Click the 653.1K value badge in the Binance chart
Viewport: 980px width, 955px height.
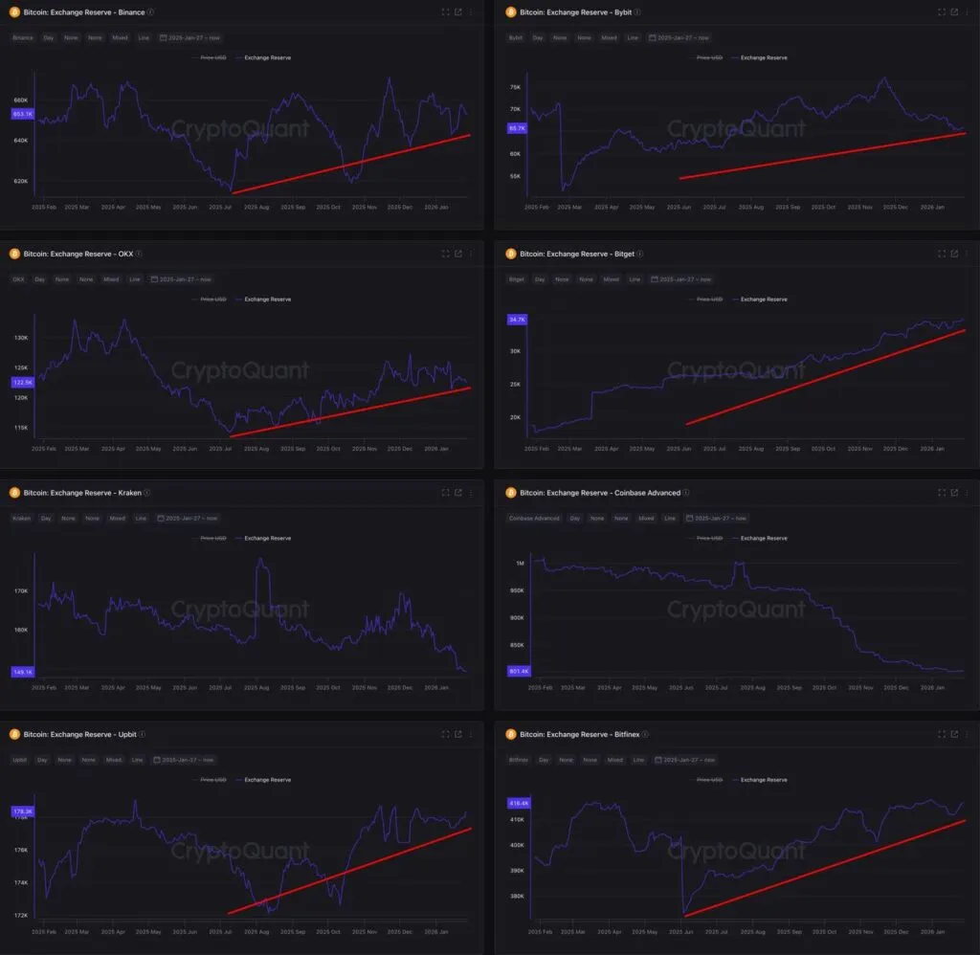[22, 114]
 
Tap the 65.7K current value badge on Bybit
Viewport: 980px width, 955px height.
[517, 128]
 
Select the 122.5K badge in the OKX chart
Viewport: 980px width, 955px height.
[22, 382]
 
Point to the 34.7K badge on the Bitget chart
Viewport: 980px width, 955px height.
[517, 319]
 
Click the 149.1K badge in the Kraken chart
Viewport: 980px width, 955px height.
[22, 672]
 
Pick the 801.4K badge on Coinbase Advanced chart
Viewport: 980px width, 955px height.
[518, 671]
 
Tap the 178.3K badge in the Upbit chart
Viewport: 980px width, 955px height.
[22, 811]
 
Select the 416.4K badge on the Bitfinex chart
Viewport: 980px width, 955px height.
[518, 804]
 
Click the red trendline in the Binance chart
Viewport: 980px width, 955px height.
[354, 164]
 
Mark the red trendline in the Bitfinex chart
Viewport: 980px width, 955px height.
[823, 868]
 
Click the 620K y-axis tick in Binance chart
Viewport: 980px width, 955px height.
[20, 181]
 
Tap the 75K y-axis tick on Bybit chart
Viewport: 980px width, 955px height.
[515, 87]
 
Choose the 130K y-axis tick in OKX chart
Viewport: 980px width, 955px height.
[20, 338]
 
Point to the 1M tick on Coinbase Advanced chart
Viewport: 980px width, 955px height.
[520, 564]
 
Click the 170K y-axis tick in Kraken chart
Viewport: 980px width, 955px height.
[20, 591]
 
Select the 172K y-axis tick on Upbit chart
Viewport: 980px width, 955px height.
[20, 916]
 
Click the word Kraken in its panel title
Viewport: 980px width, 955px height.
[129, 493]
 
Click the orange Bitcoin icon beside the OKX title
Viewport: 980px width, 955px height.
[14, 254]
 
